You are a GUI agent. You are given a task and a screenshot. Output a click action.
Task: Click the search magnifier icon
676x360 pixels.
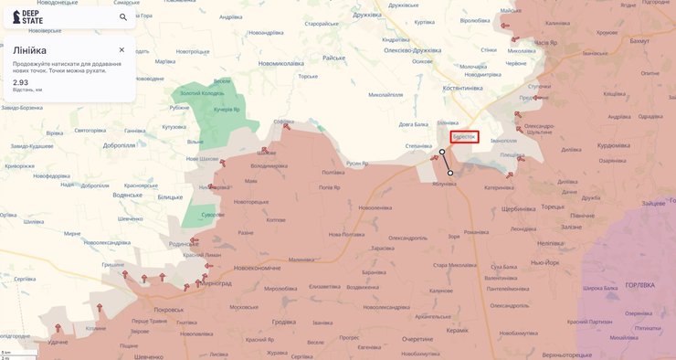click(x=123, y=16)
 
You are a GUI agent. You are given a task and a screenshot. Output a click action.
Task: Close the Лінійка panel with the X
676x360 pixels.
click(x=121, y=49)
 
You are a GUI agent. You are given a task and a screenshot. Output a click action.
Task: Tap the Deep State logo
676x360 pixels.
click(x=27, y=16)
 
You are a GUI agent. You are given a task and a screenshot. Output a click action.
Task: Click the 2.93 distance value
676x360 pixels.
click(x=20, y=82)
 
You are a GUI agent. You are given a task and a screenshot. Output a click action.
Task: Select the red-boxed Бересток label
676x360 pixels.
click(x=464, y=136)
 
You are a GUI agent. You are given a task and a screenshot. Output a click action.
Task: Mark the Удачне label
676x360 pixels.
click(x=58, y=342)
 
